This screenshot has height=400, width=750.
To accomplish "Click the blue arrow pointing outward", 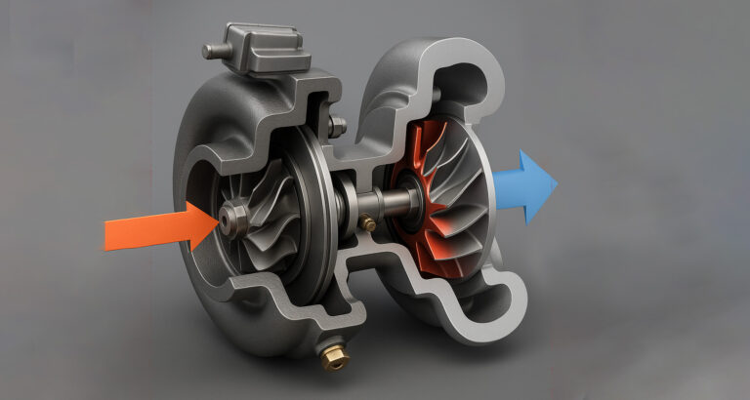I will [522, 185].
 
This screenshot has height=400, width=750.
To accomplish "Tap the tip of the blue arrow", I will [557, 183].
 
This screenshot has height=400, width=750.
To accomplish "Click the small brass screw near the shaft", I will [368, 224].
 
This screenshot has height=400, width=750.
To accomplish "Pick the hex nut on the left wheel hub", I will [234, 220].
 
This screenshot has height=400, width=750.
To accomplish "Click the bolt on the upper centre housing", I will [337, 126].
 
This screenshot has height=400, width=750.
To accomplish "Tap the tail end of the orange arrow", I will [108, 234].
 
